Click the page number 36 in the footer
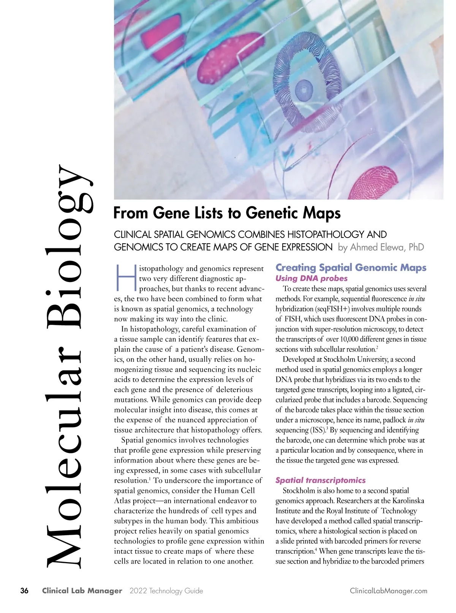24,591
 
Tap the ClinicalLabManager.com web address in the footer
388,591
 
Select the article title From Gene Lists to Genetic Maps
227,213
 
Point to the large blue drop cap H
126,276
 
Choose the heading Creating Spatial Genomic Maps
351,268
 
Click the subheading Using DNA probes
311,278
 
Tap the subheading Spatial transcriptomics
320,480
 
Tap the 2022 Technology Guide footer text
166,591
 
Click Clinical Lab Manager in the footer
82,591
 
